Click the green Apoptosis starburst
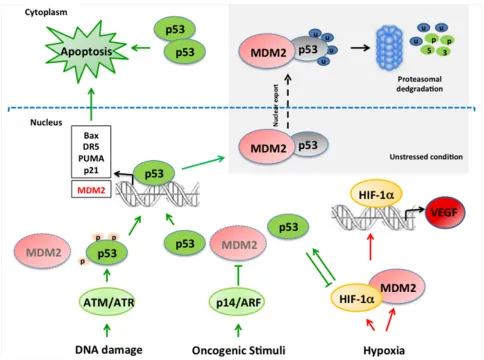(86, 52)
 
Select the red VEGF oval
(445, 212)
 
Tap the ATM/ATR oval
(107, 302)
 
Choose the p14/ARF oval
(238, 302)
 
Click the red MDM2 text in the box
(91, 190)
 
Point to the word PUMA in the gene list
(91, 158)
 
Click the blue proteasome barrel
(389, 49)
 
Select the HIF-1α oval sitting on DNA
(376, 195)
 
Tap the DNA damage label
(109, 350)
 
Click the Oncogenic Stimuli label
(238, 350)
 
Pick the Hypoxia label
(384, 350)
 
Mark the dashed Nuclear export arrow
(288, 102)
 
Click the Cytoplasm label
(46, 12)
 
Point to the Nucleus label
(46, 122)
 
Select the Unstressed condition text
(426, 157)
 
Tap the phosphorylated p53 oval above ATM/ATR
(107, 253)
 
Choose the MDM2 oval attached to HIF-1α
(397, 287)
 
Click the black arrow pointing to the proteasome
(360, 48)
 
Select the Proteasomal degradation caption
(419, 84)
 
